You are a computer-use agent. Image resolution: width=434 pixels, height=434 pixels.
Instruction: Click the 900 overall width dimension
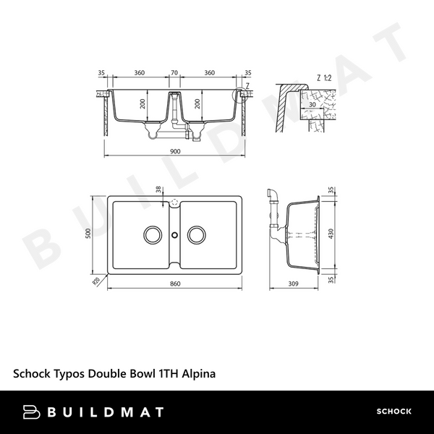point(174,152)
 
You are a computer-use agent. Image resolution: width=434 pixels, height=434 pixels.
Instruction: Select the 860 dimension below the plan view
point(174,284)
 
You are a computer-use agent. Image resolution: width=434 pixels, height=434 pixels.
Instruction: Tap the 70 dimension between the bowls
point(174,73)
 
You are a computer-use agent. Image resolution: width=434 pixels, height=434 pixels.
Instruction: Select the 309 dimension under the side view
point(293,284)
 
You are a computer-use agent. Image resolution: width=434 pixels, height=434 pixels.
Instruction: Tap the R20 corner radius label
point(96,280)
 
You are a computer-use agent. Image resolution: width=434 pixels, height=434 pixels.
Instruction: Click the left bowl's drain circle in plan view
point(152,234)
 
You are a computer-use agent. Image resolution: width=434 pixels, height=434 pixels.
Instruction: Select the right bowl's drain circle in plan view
point(197,234)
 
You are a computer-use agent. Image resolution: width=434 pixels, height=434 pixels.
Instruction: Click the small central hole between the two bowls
point(174,234)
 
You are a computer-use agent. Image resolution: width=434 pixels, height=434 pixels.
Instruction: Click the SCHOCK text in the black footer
point(393,412)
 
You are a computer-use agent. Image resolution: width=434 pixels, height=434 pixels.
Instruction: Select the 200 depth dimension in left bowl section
point(143,104)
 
